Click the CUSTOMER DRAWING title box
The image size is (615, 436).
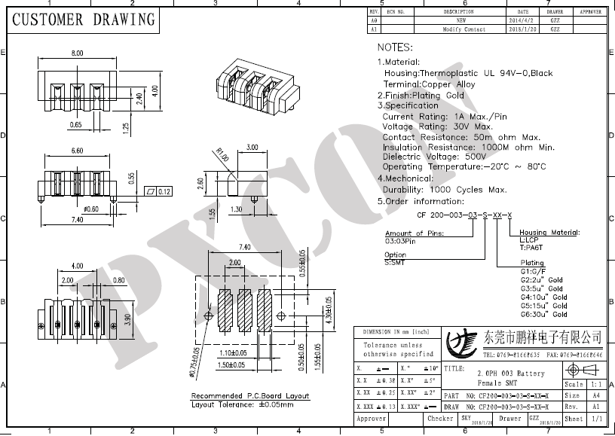click(x=82, y=20)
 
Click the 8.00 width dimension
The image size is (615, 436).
click(x=77, y=53)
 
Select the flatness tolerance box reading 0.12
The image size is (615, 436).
click(x=159, y=191)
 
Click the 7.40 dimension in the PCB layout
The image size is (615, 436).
click(x=244, y=247)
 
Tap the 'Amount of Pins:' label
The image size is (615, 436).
click(x=414, y=233)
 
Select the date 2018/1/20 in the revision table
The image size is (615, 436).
click(x=523, y=29)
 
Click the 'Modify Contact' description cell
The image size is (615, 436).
click(x=464, y=29)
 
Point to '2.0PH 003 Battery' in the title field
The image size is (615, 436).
click(x=510, y=373)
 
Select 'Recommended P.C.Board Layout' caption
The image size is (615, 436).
click(x=249, y=395)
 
